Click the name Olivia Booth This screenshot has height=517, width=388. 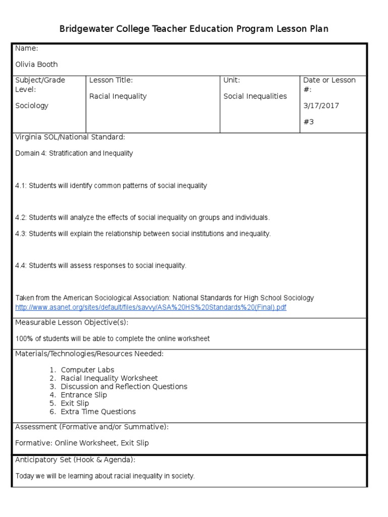pos(36,64)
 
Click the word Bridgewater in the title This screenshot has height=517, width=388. pos(83,29)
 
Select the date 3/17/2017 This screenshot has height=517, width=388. pos(321,106)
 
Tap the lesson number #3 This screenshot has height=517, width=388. pos(308,122)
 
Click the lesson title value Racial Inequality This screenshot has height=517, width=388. pos(118,96)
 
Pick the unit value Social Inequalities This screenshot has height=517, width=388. pos(255,96)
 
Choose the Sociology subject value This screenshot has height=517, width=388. pos(32,106)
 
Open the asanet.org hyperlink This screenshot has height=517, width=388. pos(151,307)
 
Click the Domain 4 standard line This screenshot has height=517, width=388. pos(74,153)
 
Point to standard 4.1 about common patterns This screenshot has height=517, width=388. pos(111,185)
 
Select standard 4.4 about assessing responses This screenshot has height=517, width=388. pos(101,266)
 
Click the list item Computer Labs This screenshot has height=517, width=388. pos(87,370)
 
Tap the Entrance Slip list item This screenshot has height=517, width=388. pos(83,395)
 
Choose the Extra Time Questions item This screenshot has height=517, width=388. pos(98,411)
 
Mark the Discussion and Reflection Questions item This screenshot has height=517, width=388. pos(124,386)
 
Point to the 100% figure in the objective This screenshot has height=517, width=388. pos(24,338)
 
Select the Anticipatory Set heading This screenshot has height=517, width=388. pos(75,460)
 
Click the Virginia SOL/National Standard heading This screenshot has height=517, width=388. pos(70,137)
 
